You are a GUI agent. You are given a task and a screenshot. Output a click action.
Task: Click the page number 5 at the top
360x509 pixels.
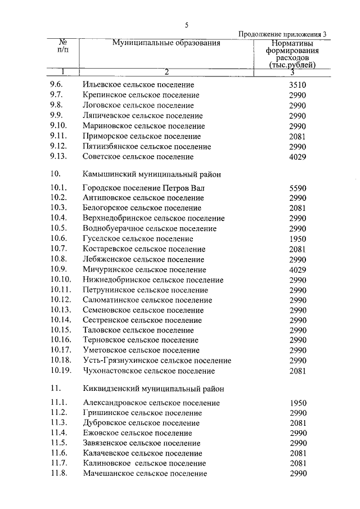186,24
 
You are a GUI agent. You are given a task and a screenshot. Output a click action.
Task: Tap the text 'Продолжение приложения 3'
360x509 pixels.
283,34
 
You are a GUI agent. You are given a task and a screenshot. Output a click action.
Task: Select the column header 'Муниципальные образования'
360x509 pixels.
166,43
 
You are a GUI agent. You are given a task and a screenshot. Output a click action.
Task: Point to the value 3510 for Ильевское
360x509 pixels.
297,85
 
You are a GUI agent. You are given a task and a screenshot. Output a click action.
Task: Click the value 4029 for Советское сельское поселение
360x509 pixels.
297,157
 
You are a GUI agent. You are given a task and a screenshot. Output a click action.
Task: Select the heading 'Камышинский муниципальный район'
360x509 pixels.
151,174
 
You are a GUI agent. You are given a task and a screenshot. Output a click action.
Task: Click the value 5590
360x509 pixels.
297,188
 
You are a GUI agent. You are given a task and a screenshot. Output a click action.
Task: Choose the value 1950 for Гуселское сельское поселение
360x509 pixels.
297,238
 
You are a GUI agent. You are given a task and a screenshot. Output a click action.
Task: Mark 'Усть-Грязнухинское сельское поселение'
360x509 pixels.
156,361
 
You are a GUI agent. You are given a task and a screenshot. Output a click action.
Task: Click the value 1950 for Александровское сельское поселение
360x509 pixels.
298,403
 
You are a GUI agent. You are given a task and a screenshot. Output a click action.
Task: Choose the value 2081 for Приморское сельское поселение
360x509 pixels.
297,136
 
